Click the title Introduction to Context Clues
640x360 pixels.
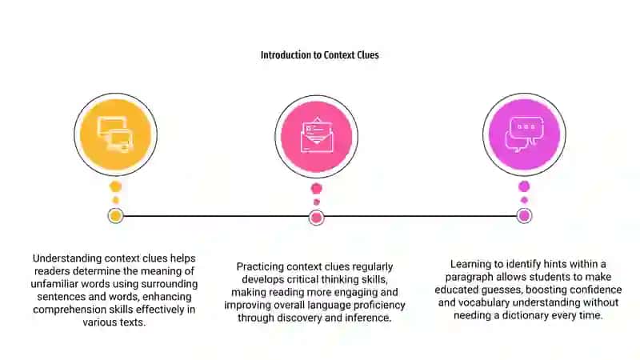319,55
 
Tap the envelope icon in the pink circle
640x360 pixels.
317,135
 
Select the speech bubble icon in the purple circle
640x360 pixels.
525,134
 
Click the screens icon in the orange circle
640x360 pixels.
115,134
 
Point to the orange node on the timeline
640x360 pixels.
115,216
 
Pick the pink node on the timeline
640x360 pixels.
316,218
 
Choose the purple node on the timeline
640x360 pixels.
524,216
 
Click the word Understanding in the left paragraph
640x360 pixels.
67,258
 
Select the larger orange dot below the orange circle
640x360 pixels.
115,187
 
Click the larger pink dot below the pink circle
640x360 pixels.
316,189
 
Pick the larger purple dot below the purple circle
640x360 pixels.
524,187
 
